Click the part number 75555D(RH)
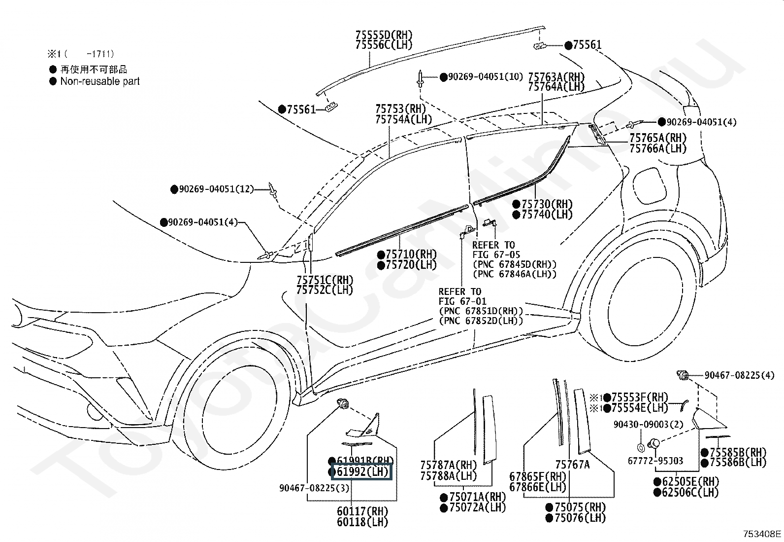(x=384, y=35)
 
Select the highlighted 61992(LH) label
(x=362, y=472)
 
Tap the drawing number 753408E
(x=762, y=534)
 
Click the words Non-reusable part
(x=100, y=81)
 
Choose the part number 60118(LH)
(x=362, y=522)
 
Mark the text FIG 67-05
(x=496, y=255)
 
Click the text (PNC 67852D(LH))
(x=481, y=321)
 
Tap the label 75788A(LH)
(x=449, y=476)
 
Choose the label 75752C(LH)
(x=325, y=290)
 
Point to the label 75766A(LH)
(x=658, y=148)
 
